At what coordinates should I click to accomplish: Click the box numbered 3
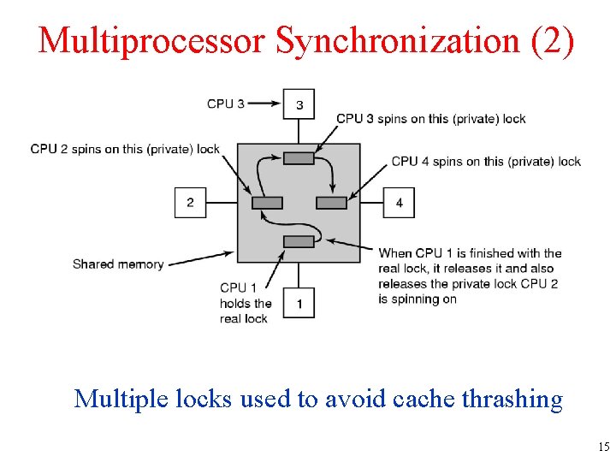pos(299,104)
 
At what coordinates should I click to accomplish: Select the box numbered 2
pos(190,203)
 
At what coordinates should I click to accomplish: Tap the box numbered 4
pos(400,203)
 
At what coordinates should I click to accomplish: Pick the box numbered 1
pos(299,303)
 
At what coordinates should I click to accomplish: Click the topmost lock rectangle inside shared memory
pos(299,157)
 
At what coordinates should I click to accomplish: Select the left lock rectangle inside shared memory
pos(267,203)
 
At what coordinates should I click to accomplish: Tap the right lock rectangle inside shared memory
pos(331,203)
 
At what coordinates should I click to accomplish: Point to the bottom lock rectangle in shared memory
pos(299,241)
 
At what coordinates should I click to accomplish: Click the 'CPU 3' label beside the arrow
pos(226,104)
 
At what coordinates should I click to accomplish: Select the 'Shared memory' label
pos(118,264)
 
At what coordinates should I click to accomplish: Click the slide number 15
pos(604,447)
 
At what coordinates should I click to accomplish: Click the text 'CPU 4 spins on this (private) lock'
pos(486,161)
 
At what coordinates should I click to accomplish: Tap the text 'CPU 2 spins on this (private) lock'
pos(125,149)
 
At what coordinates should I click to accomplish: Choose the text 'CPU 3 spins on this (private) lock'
pos(431,119)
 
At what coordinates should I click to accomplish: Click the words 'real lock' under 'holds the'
pos(244,318)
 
